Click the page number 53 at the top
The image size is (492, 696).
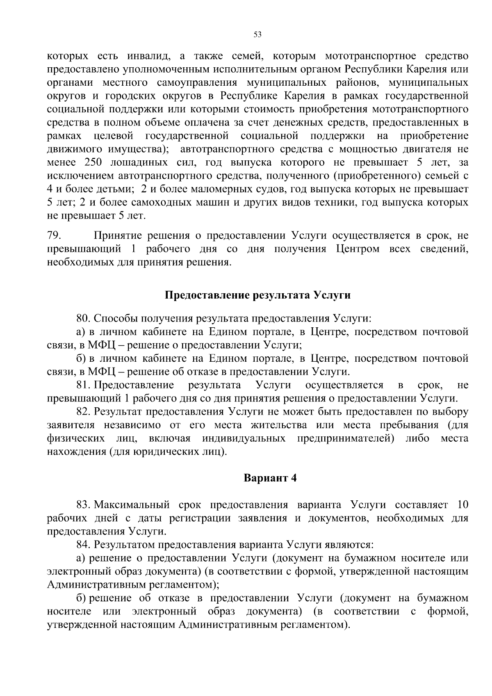pos(257,35)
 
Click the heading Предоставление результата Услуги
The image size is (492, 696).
pos(257,295)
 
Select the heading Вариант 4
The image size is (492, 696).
pos(270,478)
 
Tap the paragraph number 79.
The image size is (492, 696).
pos(54,235)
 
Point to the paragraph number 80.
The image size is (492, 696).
pos(84,318)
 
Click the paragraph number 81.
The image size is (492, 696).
pos(83,385)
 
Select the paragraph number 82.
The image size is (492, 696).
pos(83,412)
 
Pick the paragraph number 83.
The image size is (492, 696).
pos(83,504)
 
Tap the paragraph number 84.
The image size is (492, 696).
pos(83,545)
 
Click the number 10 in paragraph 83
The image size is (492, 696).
pos(462,504)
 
